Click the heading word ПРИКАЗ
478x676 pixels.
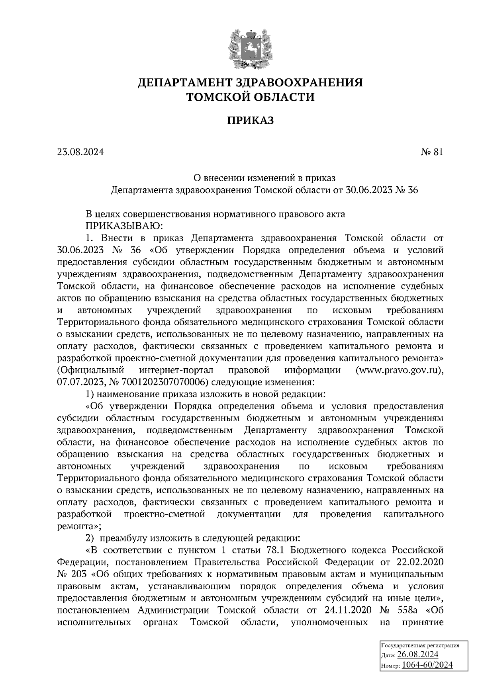(x=251, y=120)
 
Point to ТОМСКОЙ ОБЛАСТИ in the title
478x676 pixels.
(x=251, y=97)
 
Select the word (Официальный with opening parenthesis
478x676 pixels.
(x=91, y=370)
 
